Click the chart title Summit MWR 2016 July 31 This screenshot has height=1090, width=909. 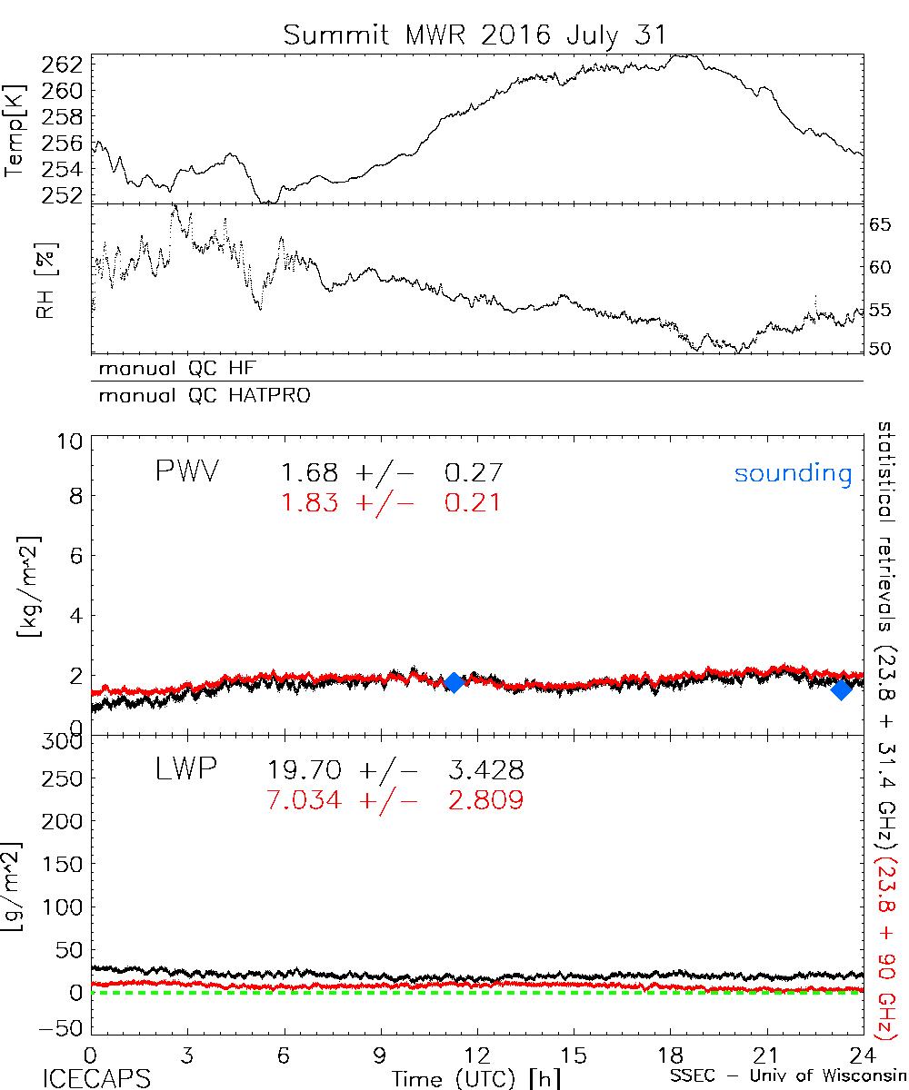[x=474, y=36]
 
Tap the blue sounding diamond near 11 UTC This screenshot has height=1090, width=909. [x=454, y=682]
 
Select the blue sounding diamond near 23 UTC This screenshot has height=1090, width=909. [x=842, y=689]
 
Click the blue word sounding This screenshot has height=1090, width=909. [x=794, y=473]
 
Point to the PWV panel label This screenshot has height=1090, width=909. [x=187, y=472]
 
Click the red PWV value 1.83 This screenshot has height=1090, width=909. [x=309, y=501]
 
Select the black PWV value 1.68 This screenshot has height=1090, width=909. [x=309, y=472]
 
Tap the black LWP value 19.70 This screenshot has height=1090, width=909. [x=305, y=771]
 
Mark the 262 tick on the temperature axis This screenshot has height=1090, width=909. [x=64, y=64]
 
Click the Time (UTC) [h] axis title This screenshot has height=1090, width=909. [x=464, y=1078]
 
